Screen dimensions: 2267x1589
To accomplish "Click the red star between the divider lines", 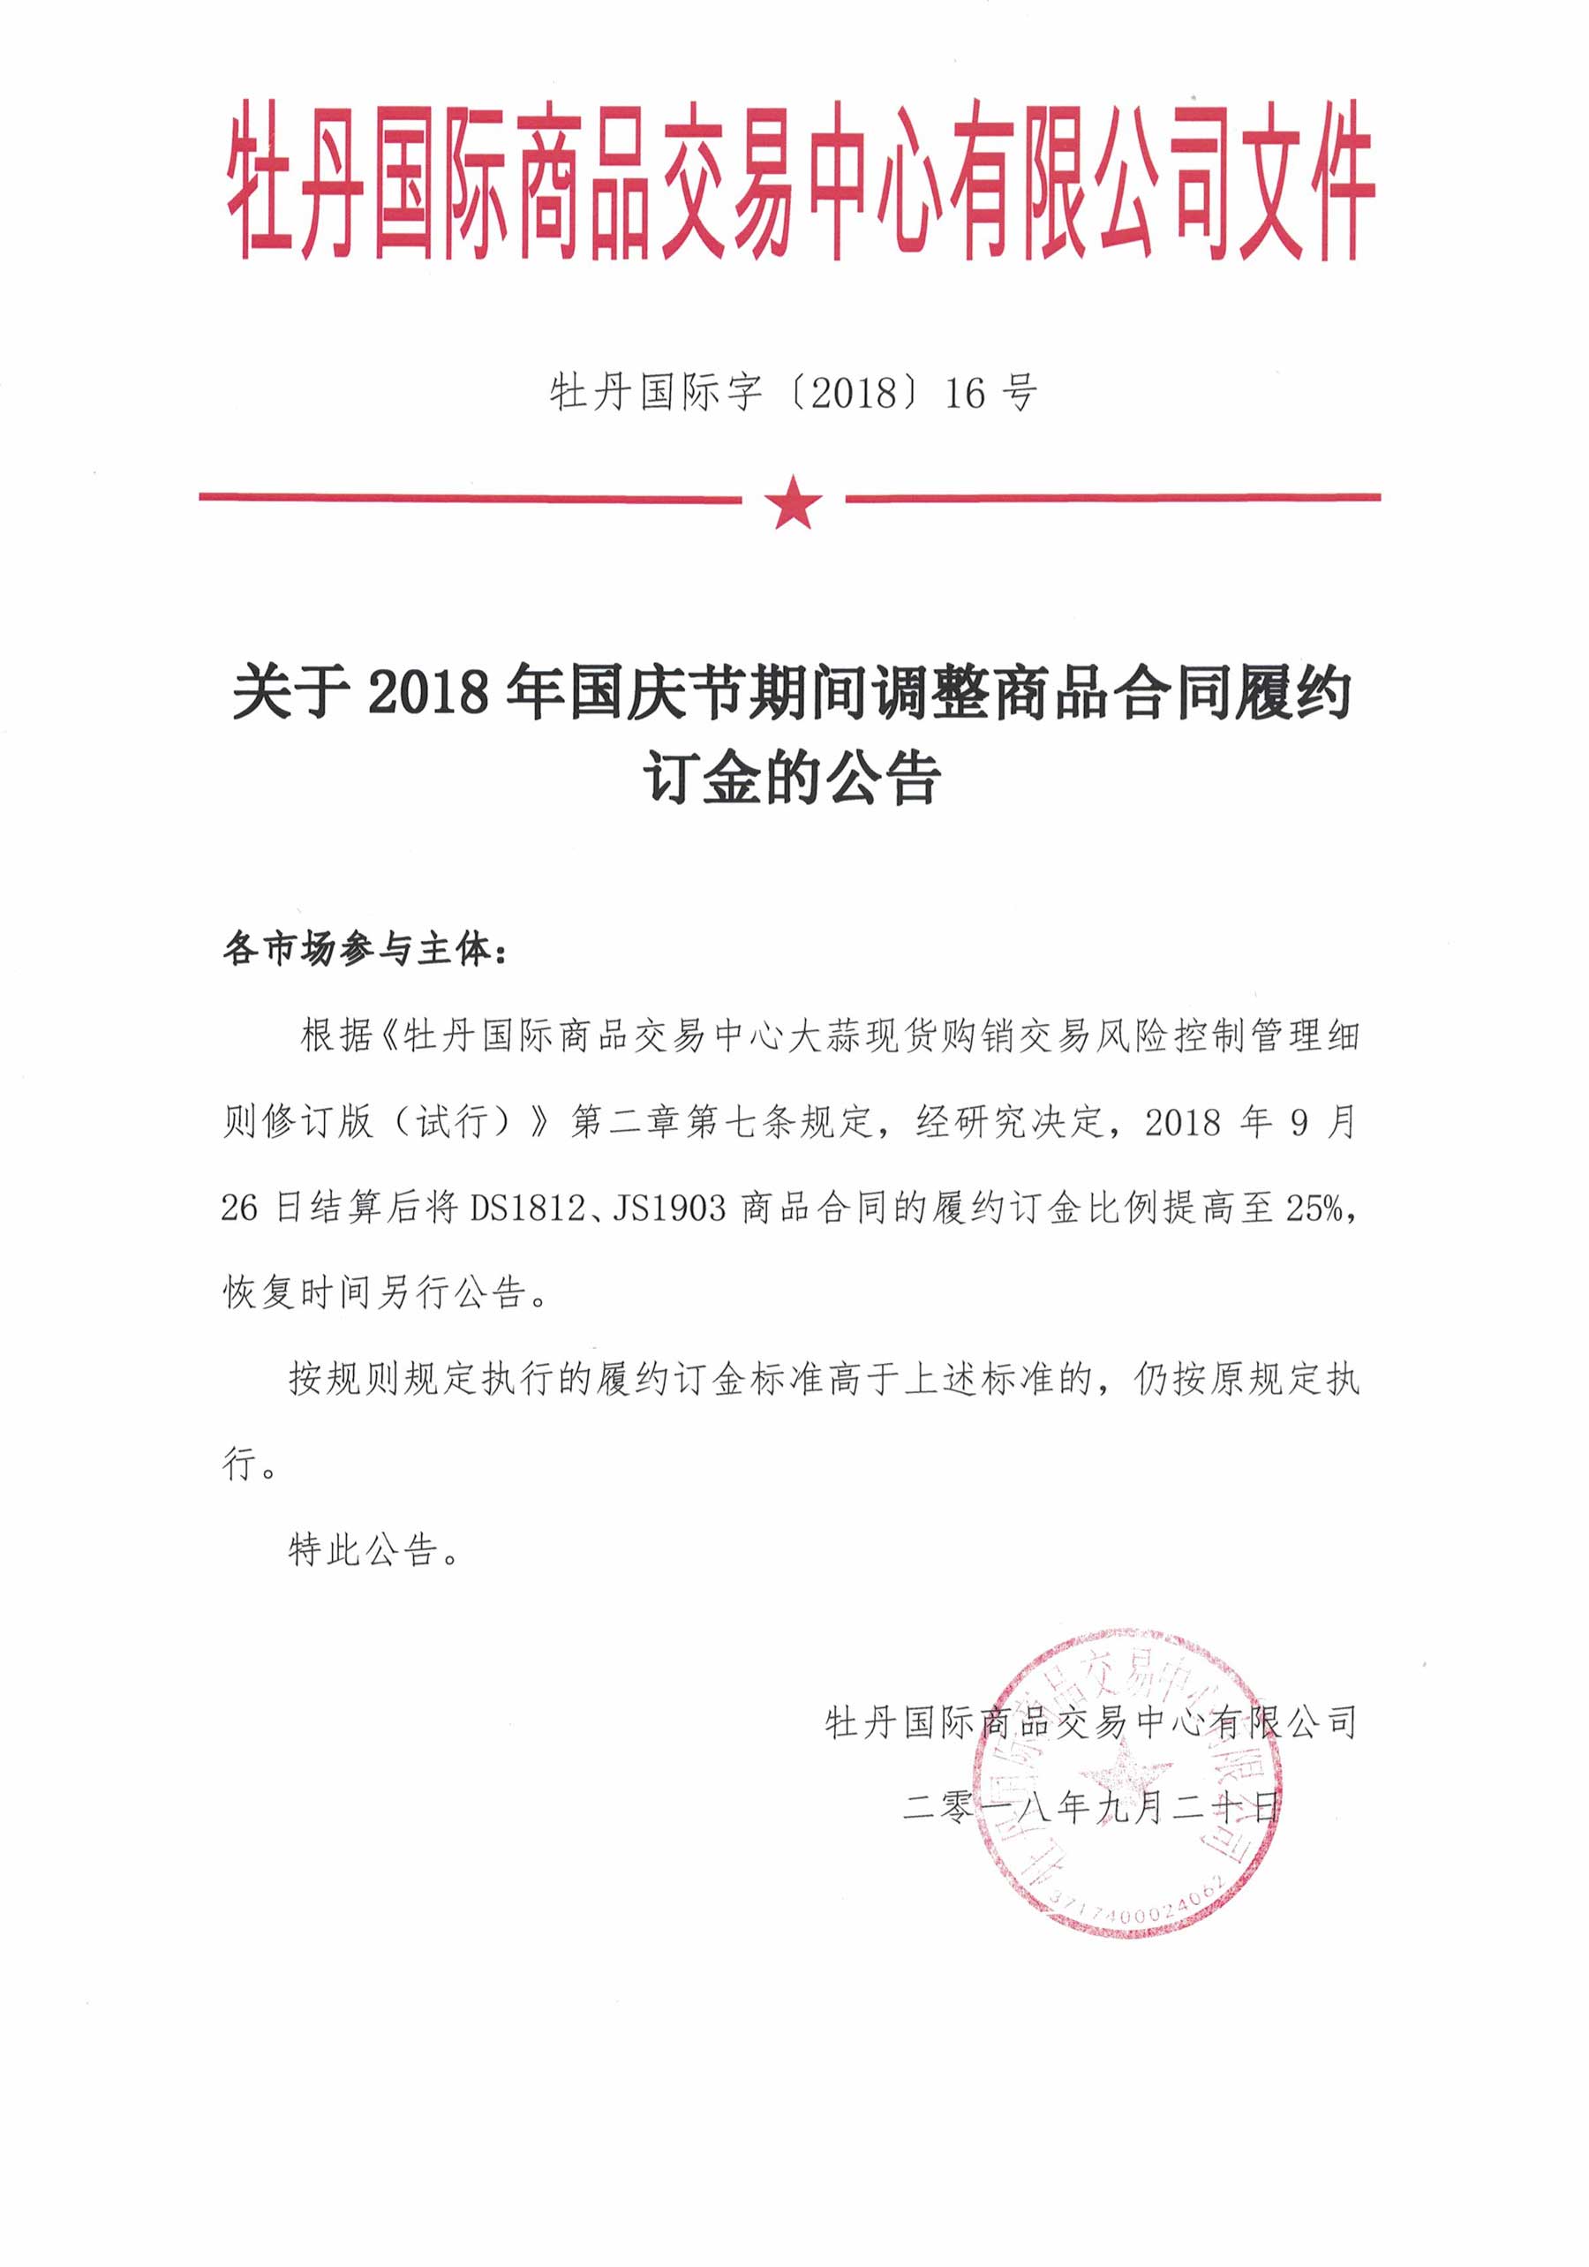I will tap(793, 501).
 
